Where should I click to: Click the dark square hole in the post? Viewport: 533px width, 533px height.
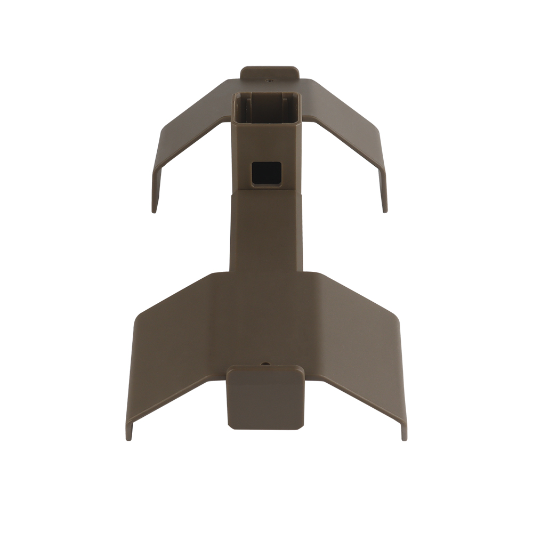(x=266, y=173)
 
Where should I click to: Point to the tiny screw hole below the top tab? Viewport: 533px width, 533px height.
(x=269, y=82)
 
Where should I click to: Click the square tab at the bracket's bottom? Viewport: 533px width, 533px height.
(x=265, y=400)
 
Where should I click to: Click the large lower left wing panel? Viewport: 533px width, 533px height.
(x=176, y=341)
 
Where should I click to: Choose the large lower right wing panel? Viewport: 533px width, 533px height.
(x=357, y=341)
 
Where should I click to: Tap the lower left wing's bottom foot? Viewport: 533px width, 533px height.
(x=129, y=434)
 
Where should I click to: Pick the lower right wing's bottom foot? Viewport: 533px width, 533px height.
(x=403, y=434)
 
